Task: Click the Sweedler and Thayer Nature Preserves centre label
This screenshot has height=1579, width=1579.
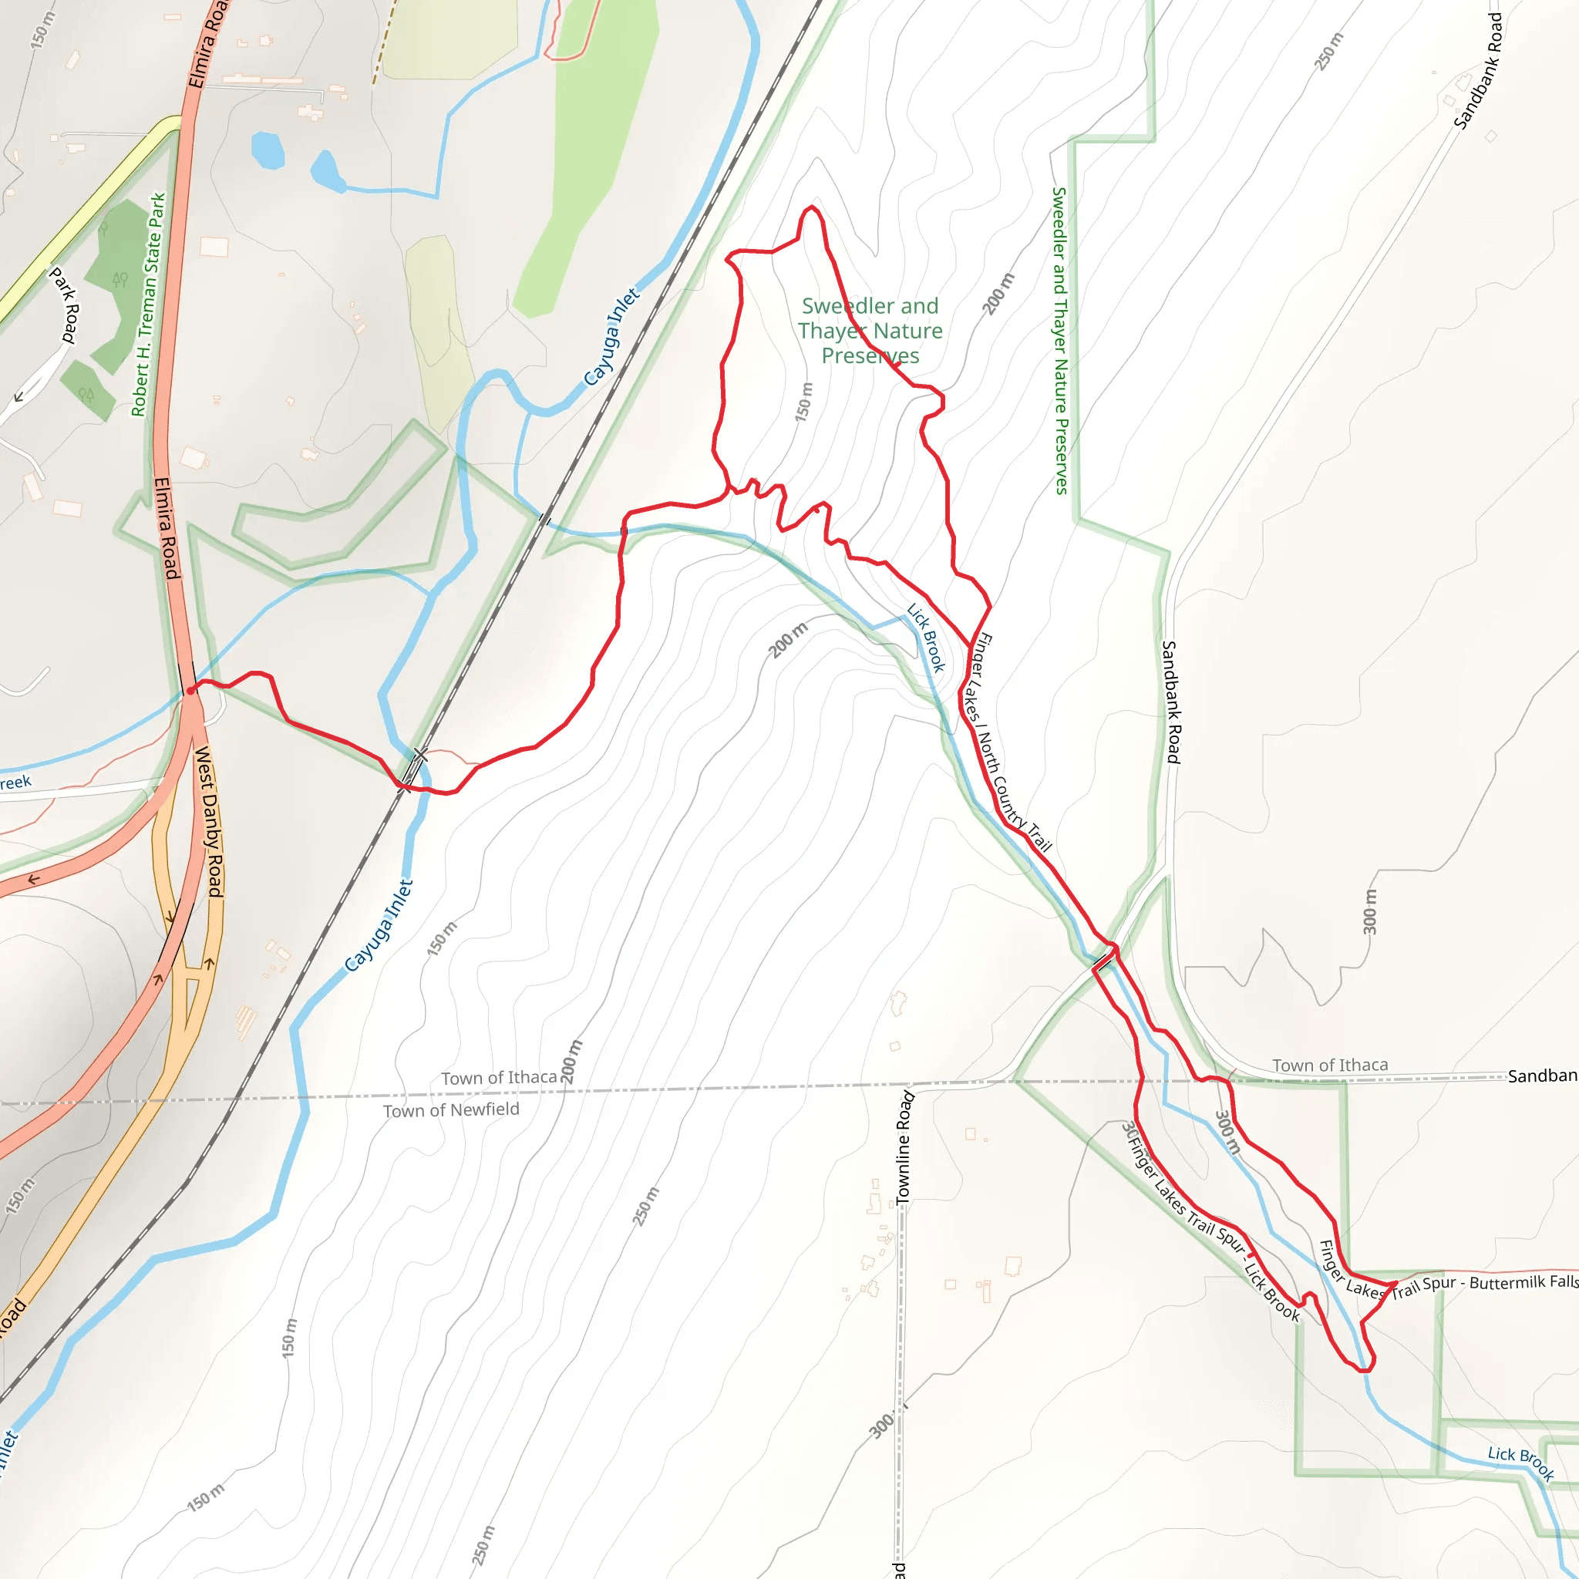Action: pyautogui.click(x=870, y=331)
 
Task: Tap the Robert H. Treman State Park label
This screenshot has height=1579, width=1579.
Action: pyautogui.click(x=148, y=305)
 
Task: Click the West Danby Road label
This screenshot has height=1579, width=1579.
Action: pyautogui.click(x=209, y=820)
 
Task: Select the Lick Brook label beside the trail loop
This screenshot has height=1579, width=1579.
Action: pyautogui.click(x=926, y=638)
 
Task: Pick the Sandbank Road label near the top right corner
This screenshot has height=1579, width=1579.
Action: pyautogui.click(x=1479, y=71)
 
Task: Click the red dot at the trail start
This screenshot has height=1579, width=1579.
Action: pyautogui.click(x=190, y=691)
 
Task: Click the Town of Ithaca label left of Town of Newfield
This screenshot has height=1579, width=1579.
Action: pyautogui.click(x=499, y=1078)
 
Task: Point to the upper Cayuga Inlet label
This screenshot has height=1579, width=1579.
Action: pyautogui.click(x=611, y=337)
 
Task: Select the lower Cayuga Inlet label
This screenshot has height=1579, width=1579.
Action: pyautogui.click(x=379, y=925)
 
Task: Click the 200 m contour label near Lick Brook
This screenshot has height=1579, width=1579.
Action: pyautogui.click(x=789, y=640)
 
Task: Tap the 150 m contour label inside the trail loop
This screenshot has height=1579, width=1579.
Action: pyautogui.click(x=804, y=402)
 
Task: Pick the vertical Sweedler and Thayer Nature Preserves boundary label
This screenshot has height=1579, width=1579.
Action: pyautogui.click(x=1060, y=340)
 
